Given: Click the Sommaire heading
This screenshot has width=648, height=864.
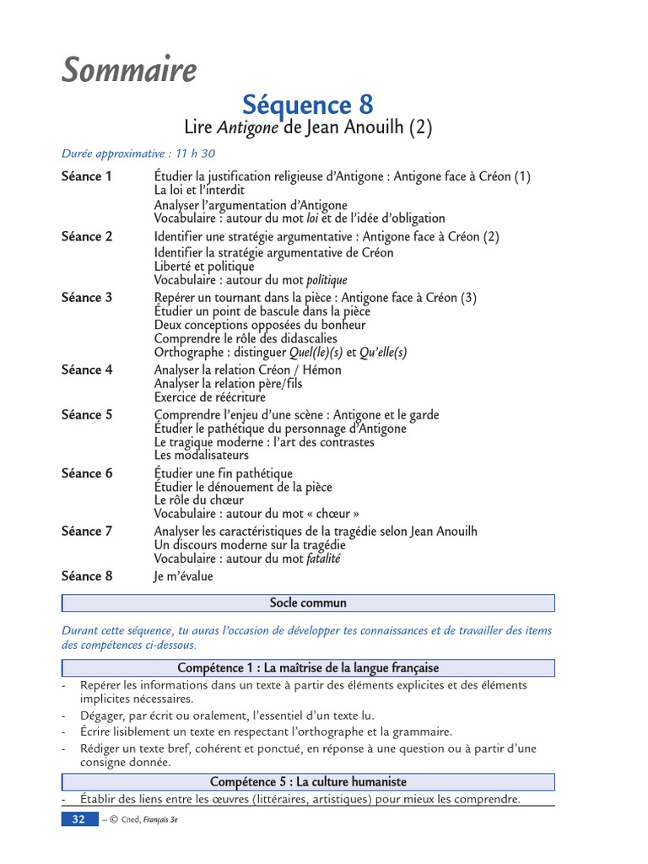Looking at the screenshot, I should pyautogui.click(x=129, y=71).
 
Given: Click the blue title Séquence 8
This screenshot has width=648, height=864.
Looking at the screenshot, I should pyautogui.click(x=307, y=105).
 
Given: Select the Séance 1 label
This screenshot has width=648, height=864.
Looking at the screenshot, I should pyautogui.click(x=87, y=176).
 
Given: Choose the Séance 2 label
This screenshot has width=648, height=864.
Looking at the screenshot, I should pyautogui.click(x=87, y=237).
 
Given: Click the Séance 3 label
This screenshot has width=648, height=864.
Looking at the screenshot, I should pyautogui.click(x=87, y=297).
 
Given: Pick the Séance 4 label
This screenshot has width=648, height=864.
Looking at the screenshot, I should pyautogui.click(x=87, y=370).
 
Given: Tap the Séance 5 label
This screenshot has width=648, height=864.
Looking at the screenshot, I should pyautogui.click(x=87, y=415).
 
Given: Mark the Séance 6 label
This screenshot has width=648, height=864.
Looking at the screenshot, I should pyautogui.click(x=87, y=473).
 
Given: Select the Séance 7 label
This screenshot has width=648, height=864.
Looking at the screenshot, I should pyautogui.click(x=87, y=532).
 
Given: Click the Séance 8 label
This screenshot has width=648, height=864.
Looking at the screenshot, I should pyautogui.click(x=87, y=576).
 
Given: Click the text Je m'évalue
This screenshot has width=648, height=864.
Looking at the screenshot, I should pyautogui.click(x=184, y=576).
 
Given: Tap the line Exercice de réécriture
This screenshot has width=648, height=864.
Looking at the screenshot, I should pyautogui.click(x=209, y=397).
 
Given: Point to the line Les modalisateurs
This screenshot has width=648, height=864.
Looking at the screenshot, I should pyautogui.click(x=201, y=456).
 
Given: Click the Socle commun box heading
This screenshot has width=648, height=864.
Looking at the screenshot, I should pyautogui.click(x=308, y=603).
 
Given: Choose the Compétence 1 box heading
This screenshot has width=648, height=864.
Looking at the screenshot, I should pyautogui.click(x=308, y=668).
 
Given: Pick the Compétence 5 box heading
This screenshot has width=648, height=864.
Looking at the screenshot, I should pyautogui.click(x=308, y=782).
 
